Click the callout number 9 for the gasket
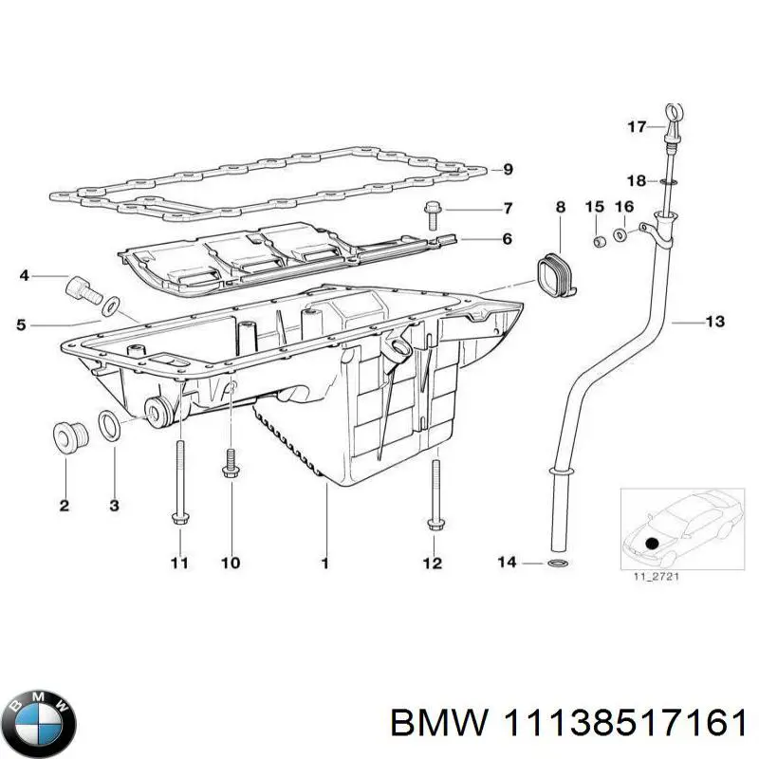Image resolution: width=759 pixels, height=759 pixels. click(x=508, y=170)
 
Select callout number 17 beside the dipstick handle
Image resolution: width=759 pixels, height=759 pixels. click(x=637, y=126)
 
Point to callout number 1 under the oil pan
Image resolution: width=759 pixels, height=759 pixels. click(x=324, y=564)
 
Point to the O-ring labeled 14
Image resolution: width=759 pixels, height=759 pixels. click(x=561, y=565)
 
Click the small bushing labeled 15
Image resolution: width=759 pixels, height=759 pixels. click(x=598, y=240)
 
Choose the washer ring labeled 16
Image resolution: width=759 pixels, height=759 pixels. click(x=620, y=234)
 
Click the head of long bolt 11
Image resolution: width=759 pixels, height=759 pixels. click(x=177, y=517)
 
